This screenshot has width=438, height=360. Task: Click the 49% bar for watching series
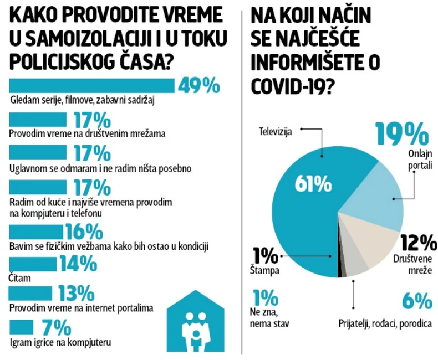click(x=91, y=86)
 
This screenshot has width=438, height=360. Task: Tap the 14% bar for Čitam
click(x=33, y=263)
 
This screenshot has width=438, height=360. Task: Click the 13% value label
click(x=73, y=293)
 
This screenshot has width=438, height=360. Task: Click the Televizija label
click(x=277, y=131)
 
